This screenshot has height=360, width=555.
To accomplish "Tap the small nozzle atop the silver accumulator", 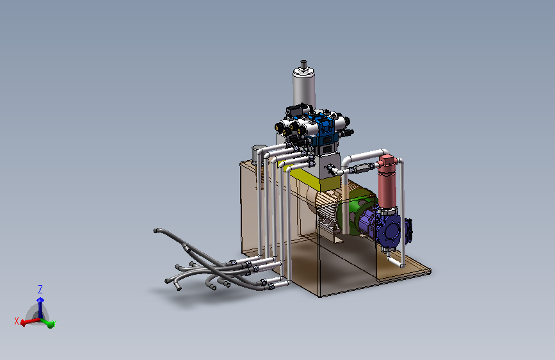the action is tap(303, 64).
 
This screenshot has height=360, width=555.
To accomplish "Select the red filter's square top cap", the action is tap(387, 161).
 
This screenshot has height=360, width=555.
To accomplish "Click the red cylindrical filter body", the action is tap(387, 187).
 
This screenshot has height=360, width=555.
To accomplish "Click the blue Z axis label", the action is tap(40, 290).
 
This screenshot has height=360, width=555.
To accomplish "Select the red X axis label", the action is tap(16, 321).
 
